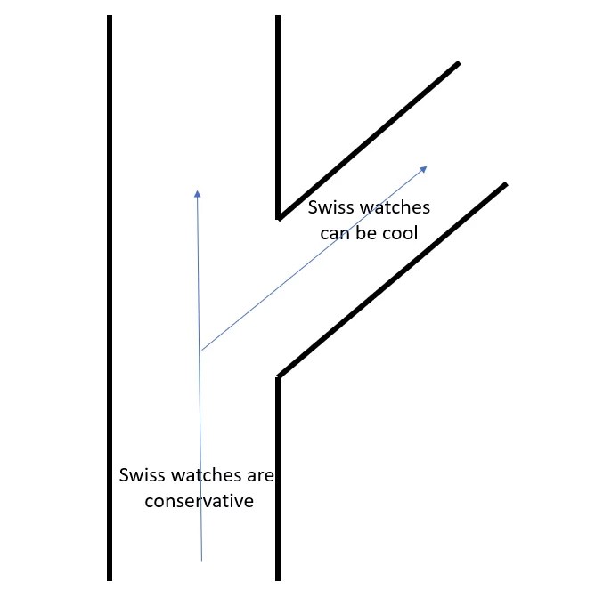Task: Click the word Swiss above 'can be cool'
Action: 327,208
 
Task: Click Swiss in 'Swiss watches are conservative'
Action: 139,475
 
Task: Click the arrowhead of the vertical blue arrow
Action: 197,191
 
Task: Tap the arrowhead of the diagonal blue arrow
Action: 424,168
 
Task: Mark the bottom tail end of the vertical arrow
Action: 202,560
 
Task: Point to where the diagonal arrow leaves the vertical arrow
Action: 201,350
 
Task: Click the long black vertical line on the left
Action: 110,294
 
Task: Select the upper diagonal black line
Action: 369,139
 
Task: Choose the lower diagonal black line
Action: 392,280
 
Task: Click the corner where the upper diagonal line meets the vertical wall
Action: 279,216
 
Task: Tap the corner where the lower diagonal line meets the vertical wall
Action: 279,377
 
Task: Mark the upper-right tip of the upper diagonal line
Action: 458,63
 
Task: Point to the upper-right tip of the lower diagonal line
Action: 505,185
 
